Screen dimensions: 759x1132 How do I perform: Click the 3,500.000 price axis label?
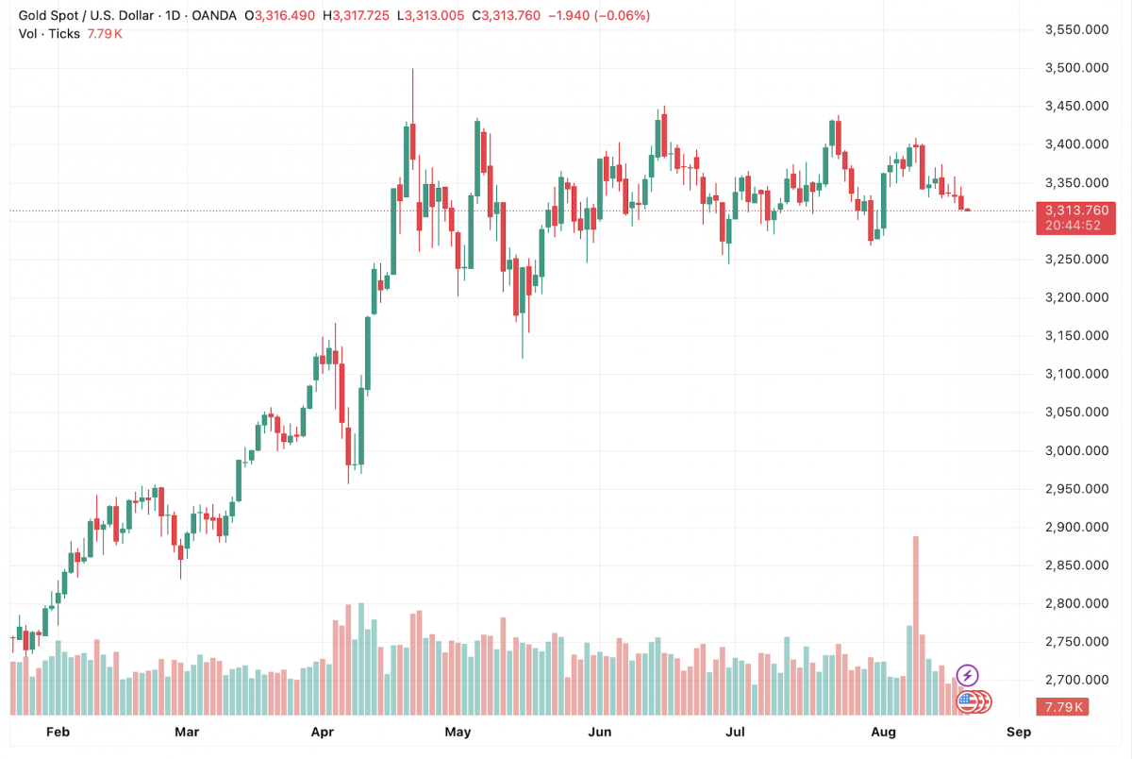1075,68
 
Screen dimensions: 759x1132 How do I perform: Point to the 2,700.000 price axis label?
1075,680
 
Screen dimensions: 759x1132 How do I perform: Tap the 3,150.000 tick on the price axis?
1075,336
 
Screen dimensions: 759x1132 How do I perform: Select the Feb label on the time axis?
58,732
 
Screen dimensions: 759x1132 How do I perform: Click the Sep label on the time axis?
1018,732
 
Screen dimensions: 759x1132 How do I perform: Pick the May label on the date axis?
458,732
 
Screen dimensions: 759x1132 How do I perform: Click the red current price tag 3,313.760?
1075,210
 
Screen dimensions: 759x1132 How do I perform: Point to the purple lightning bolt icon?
967,675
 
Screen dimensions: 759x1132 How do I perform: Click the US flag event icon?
966,700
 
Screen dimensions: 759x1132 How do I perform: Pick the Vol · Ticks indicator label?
50,34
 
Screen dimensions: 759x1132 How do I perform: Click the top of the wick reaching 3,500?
412,69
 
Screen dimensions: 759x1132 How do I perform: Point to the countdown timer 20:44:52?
1074,226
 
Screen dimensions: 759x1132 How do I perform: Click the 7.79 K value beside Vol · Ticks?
106,34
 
